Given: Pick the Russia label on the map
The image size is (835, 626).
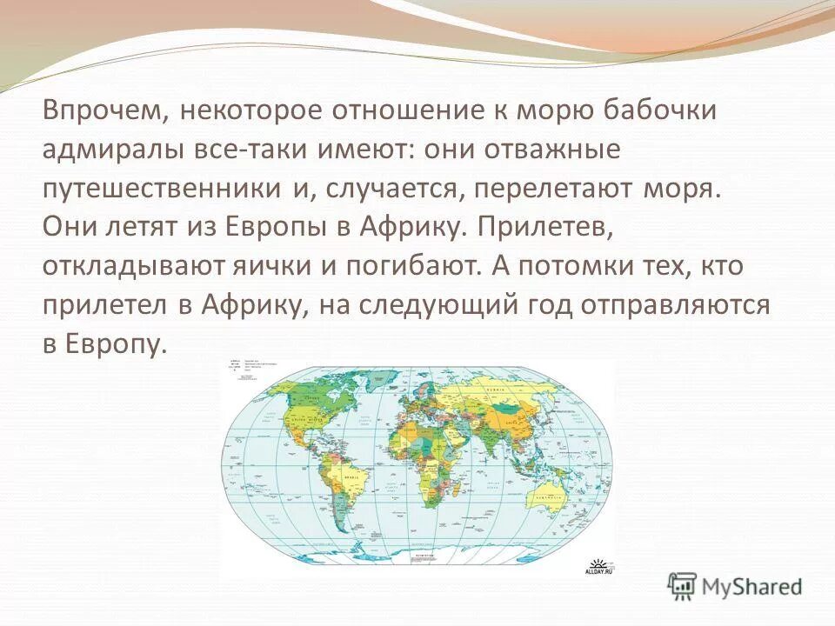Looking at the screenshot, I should click(500, 390).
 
